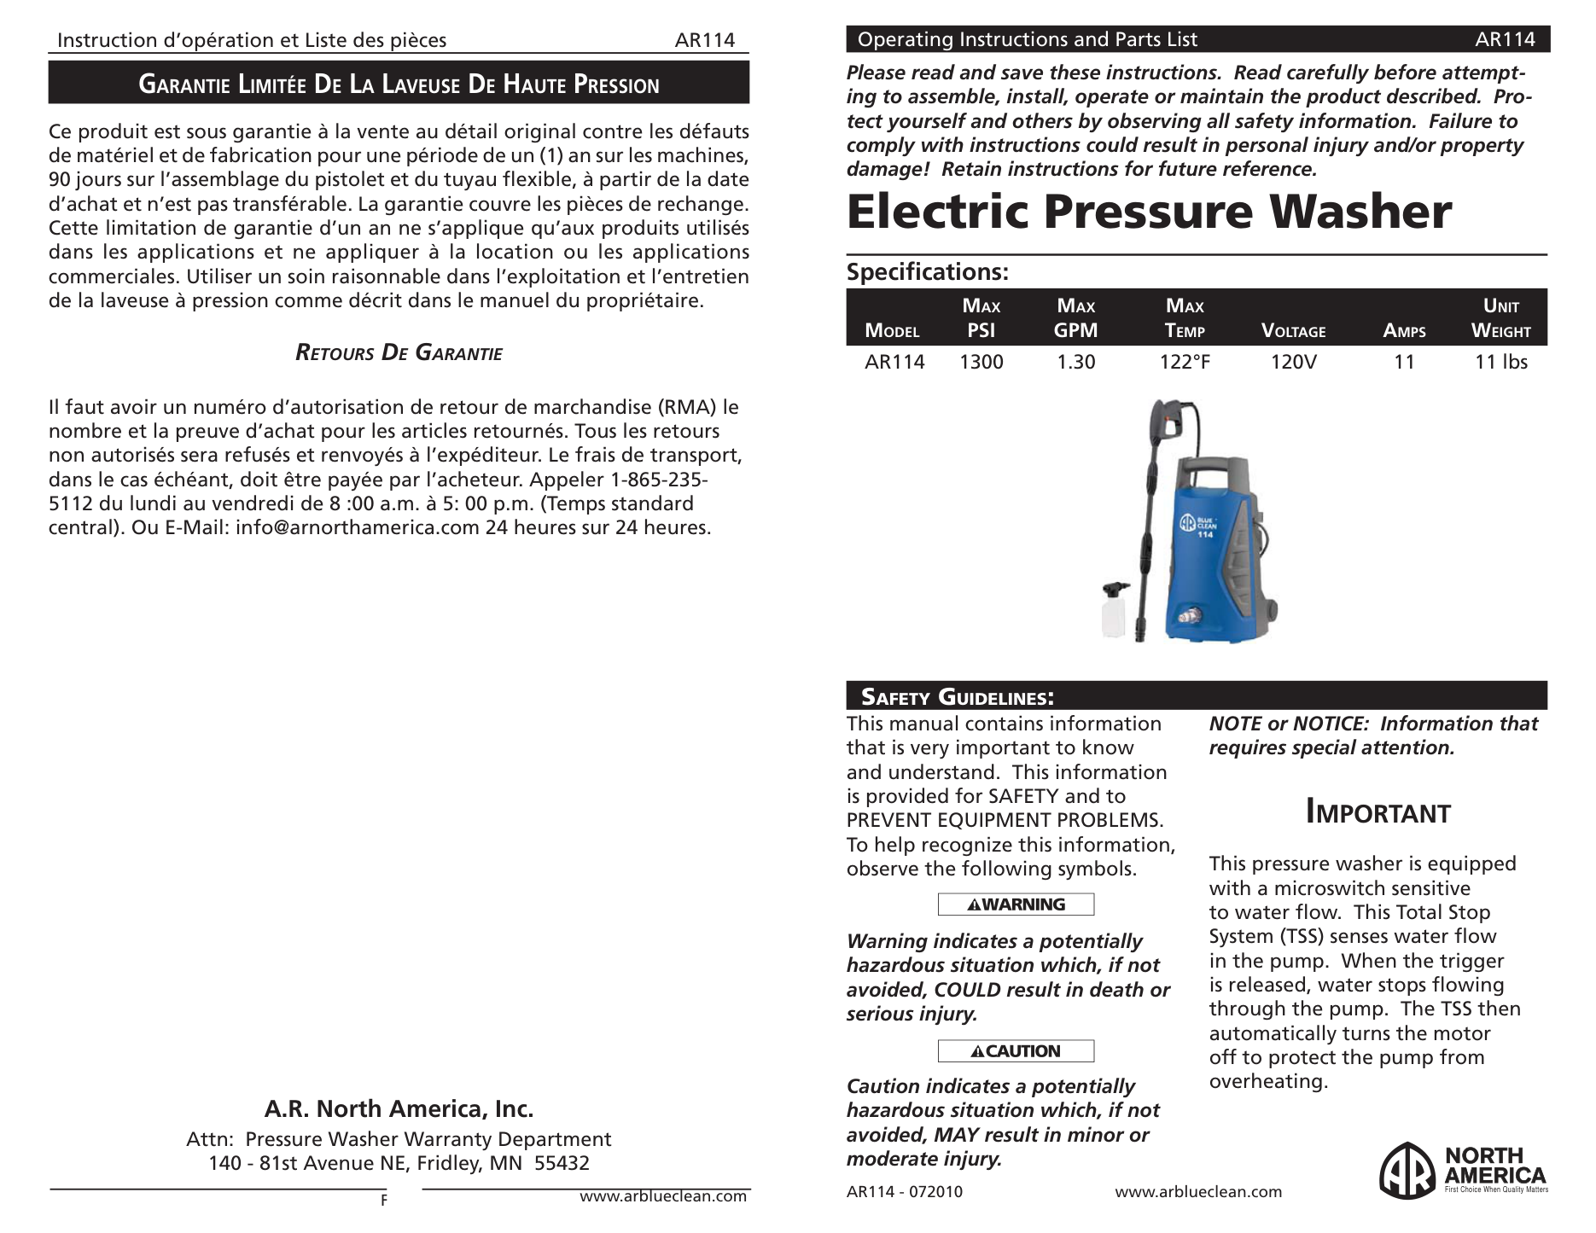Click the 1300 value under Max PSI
pos(981,362)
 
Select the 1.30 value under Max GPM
pos(1075,362)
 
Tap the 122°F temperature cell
pos(1185,362)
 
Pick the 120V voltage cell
pos(1293,362)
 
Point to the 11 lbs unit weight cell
pos(1501,362)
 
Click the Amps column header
pos(1404,331)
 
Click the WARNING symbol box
pos(1016,904)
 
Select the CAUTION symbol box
pos(1016,1051)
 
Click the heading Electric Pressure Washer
pos(1148,212)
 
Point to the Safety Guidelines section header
pos(957,697)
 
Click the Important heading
pos(1378,813)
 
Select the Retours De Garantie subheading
pos(399,353)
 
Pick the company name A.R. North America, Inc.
pos(399,1108)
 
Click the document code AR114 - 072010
pos(904,1192)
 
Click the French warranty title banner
pos(399,84)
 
